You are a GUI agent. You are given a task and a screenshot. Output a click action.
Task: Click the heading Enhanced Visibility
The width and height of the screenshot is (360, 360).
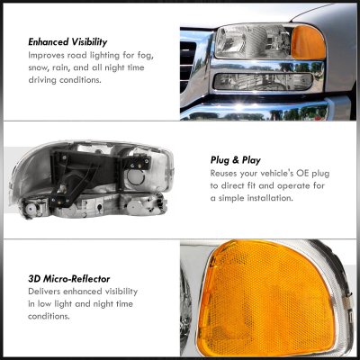67,42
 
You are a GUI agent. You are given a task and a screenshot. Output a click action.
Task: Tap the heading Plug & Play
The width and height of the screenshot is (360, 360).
236,160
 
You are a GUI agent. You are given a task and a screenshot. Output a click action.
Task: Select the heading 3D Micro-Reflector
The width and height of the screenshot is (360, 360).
69,279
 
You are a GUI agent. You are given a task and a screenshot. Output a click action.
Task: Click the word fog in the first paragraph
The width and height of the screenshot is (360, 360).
146,56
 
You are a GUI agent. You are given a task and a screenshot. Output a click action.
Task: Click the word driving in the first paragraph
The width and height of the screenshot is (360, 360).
42,80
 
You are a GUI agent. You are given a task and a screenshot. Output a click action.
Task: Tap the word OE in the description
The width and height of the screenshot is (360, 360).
303,174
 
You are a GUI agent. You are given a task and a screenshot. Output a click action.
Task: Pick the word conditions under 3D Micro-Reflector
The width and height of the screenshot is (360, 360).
49,316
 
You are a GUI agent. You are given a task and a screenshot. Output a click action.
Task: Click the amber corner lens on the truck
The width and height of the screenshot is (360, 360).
309,42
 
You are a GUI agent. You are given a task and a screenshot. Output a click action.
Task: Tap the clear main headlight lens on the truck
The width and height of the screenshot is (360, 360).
254,41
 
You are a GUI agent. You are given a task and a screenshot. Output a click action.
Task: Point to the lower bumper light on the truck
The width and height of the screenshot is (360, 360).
263,82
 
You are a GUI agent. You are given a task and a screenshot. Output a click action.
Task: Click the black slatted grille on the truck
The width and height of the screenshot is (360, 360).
187,66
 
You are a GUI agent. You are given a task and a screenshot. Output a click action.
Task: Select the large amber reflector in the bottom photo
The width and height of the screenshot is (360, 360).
267,297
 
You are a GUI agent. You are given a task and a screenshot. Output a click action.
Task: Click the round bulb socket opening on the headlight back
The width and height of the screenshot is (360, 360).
136,177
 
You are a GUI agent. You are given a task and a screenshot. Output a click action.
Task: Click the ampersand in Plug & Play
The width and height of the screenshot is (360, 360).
235,160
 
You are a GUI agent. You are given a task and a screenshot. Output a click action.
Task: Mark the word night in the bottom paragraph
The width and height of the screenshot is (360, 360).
103,304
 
